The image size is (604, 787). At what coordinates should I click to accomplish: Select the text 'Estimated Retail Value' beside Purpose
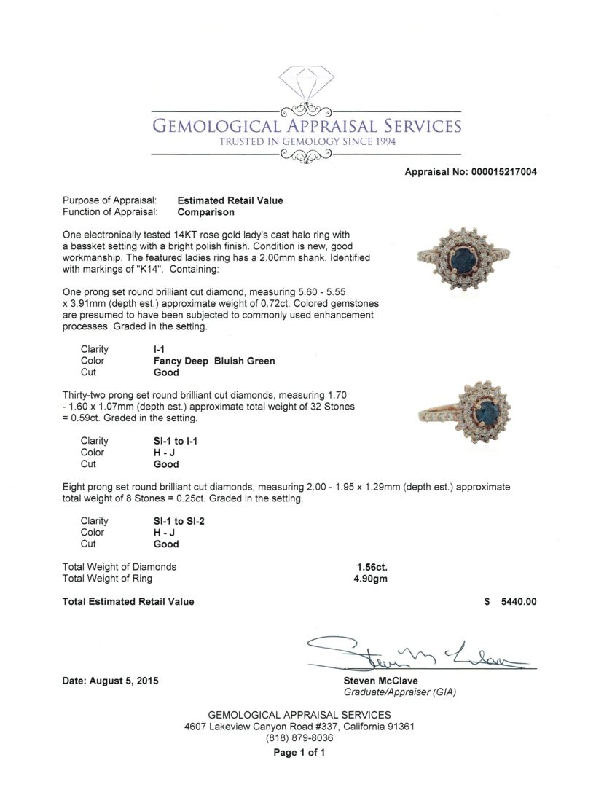(x=230, y=200)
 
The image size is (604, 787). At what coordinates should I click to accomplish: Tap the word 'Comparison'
(x=206, y=212)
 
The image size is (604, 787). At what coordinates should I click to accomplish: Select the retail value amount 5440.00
(x=519, y=602)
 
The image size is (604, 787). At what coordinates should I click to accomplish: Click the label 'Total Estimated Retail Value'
(x=129, y=602)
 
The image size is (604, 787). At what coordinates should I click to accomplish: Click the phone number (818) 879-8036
(x=299, y=737)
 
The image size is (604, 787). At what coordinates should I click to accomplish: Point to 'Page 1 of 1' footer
(x=299, y=753)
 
